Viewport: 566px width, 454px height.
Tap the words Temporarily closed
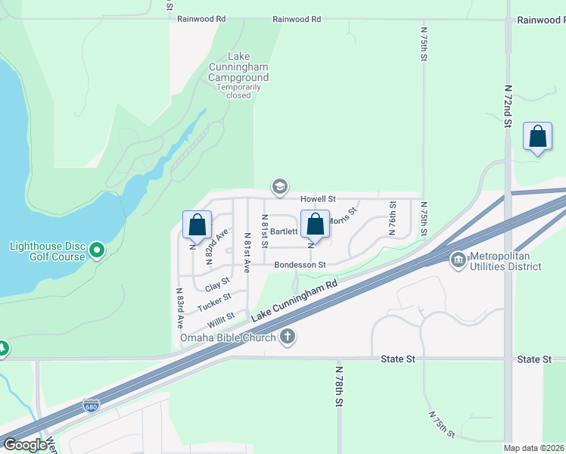(238, 92)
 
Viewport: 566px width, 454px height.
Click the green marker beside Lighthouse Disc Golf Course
(97, 250)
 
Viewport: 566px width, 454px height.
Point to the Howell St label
(318, 198)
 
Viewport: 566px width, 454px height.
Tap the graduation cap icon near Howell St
(280, 186)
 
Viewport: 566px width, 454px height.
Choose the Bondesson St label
(300, 265)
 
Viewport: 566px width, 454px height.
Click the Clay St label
(217, 286)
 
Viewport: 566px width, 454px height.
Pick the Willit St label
(221, 319)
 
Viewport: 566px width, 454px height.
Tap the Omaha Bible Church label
(228, 337)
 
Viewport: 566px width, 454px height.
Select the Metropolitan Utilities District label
(505, 261)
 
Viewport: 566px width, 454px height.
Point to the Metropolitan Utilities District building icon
(458, 260)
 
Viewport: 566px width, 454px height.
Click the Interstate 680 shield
(91, 406)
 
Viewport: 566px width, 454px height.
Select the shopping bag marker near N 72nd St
(537, 138)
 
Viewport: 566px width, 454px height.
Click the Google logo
(25, 444)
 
